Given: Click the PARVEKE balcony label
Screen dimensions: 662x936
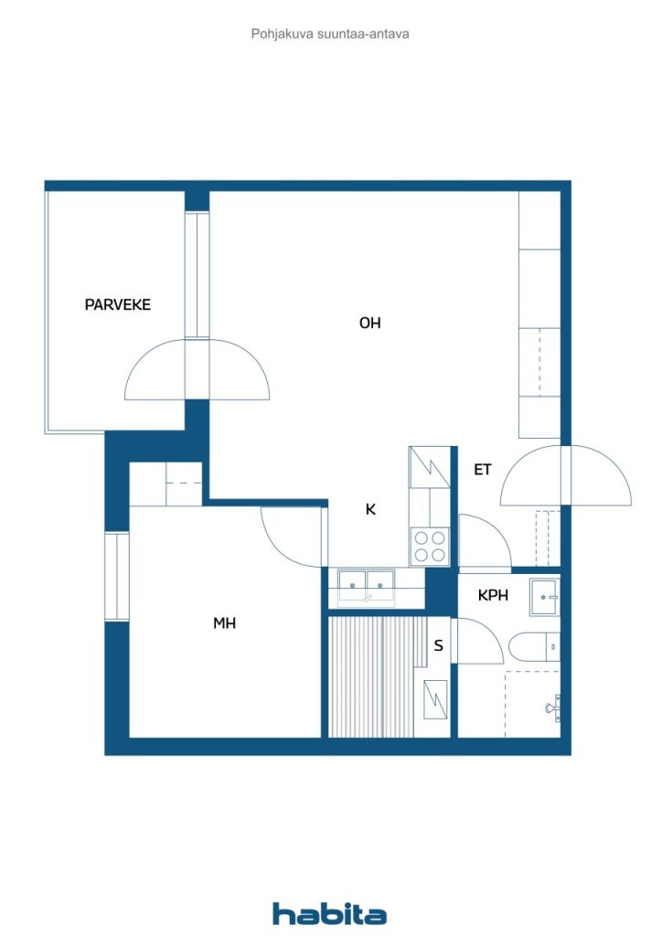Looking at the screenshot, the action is point(118,305).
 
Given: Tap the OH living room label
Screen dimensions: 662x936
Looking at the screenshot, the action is point(369,323).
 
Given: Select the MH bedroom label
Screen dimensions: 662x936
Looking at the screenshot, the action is point(224,623).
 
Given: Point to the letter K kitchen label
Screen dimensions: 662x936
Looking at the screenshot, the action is point(370,509).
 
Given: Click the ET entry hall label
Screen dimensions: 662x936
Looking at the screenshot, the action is point(482,470).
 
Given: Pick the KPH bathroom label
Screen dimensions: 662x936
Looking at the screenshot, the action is point(493,595).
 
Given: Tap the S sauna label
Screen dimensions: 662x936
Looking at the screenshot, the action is point(439,645).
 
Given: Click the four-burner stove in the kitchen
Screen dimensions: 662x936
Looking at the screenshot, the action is point(430,547).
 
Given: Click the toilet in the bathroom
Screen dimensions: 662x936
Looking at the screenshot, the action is point(534,646).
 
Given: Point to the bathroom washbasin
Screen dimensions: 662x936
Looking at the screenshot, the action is point(544,597).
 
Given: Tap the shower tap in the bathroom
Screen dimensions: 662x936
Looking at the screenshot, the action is point(553,707).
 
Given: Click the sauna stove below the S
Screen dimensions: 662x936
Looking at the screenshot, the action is point(435,699).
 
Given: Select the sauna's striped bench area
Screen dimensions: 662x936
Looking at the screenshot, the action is point(378,677).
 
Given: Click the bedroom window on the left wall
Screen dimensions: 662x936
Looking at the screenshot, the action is point(117,576).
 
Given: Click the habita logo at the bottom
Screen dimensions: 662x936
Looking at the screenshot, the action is point(329,914).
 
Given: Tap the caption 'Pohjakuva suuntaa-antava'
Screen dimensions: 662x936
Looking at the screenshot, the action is point(330,34).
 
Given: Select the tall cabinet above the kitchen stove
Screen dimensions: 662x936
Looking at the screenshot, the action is point(429,467).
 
